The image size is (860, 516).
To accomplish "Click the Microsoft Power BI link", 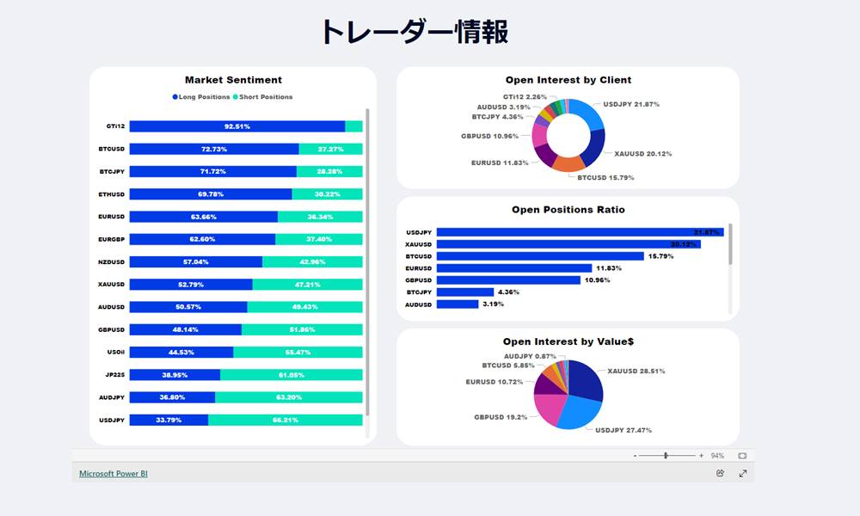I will (x=107, y=473).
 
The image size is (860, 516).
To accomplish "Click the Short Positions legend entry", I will (x=264, y=97).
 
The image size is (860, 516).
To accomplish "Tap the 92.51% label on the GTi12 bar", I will (x=237, y=126).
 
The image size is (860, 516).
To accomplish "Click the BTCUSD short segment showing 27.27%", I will (x=330, y=149).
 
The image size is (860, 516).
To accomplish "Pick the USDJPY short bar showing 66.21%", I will (x=286, y=420).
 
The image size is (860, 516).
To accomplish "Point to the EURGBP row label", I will (x=112, y=239).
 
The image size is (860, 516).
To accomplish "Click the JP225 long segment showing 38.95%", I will (x=175, y=375).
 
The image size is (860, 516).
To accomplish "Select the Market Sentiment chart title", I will (x=233, y=80).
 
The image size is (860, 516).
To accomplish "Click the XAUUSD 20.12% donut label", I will (x=642, y=154).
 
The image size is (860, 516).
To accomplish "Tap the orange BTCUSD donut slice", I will (x=568, y=163).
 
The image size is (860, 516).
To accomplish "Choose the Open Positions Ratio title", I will (x=568, y=210).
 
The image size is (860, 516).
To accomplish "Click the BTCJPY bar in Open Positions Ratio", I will (x=465, y=292).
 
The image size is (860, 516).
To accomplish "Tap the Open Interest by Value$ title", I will (x=568, y=342).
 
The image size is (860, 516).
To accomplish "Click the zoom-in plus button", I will (x=701, y=456).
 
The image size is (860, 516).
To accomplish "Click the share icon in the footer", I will (x=720, y=473).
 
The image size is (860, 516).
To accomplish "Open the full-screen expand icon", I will (x=743, y=473).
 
